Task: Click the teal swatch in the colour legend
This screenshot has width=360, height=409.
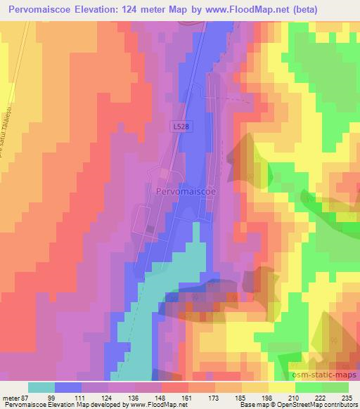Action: point(41,387)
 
